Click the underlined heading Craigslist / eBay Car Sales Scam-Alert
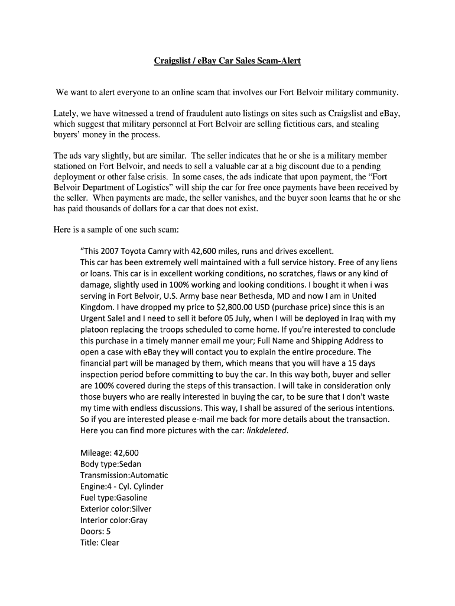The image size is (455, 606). [227, 60]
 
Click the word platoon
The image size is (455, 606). [96, 329]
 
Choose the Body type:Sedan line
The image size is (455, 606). [110, 464]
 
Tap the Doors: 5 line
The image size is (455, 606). [95, 531]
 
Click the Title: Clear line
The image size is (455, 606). [99, 543]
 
